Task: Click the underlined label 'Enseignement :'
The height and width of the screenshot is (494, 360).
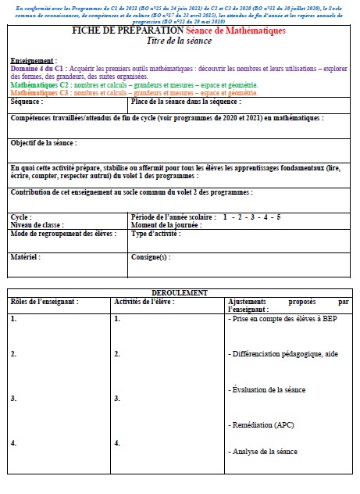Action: coord(34,60)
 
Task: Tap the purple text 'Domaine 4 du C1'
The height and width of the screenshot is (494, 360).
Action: coord(38,69)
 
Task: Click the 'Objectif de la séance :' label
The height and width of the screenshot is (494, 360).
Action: coord(45,143)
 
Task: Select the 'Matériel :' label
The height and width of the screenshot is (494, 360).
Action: coord(25,256)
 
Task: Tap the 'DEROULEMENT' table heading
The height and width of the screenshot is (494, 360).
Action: coord(179,292)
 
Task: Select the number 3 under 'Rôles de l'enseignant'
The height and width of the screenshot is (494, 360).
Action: coord(13,399)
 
